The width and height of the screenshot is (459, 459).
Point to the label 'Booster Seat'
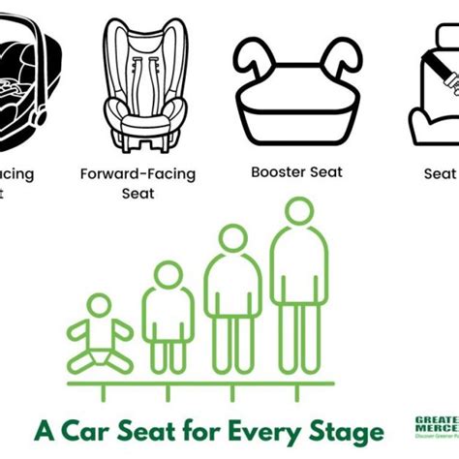tap(296, 172)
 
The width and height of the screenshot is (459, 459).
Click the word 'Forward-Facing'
tap(138, 174)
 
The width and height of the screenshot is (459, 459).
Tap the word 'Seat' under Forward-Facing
tap(138, 193)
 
